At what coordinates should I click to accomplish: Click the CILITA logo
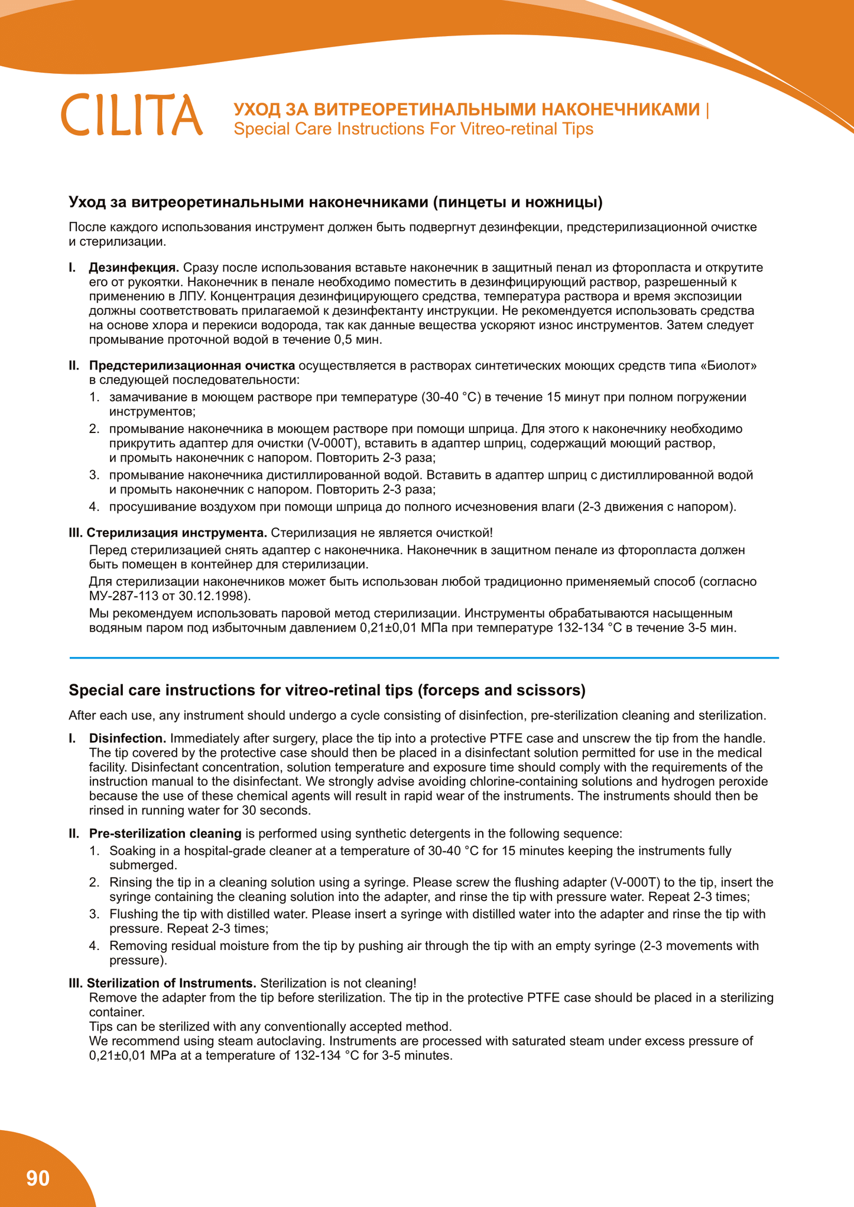coord(132,115)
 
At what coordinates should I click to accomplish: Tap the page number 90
coord(38,1178)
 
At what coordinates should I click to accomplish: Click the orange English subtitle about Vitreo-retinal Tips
coord(413,129)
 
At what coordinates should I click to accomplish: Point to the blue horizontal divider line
coord(424,657)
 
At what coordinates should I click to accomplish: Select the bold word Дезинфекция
coord(134,268)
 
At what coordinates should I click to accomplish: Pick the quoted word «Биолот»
coord(728,366)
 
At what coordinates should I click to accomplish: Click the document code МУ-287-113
coord(123,596)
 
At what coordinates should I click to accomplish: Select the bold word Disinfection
coord(127,738)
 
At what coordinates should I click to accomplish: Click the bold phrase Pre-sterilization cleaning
coord(165,834)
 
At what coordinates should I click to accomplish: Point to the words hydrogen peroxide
coord(718,782)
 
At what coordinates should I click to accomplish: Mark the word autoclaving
coord(285,1041)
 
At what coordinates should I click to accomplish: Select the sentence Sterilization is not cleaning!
coord(338,983)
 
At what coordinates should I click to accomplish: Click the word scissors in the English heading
coord(551,690)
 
